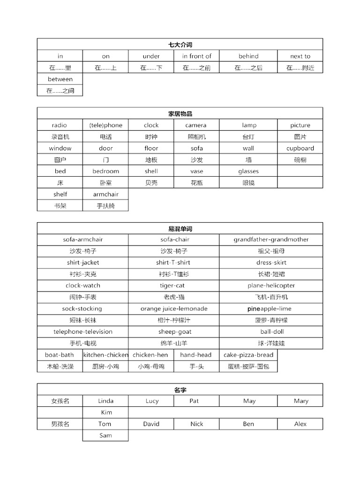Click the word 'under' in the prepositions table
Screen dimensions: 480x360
(151, 56)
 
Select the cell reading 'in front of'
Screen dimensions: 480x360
(197, 56)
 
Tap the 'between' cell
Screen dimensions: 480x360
(60, 79)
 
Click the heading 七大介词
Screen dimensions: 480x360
(180, 45)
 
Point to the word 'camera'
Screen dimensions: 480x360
(196, 125)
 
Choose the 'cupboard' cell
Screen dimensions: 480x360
(300, 148)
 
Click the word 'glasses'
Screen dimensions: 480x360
(248, 171)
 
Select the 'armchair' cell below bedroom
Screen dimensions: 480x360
(105, 194)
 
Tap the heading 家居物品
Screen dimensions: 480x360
(180, 113)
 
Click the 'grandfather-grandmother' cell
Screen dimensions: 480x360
(271, 240)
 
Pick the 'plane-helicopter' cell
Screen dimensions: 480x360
(271, 285)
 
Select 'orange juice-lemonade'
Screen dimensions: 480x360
(173, 308)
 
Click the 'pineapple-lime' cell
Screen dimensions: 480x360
(271, 308)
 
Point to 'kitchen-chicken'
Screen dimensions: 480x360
(105, 355)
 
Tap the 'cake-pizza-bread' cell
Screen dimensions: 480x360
(248, 355)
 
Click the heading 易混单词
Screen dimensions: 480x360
(180, 229)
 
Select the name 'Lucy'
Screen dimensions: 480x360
(151, 401)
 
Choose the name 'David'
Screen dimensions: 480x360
(151, 424)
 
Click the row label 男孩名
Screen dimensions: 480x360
(60, 424)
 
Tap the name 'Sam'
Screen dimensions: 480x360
(105, 435)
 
